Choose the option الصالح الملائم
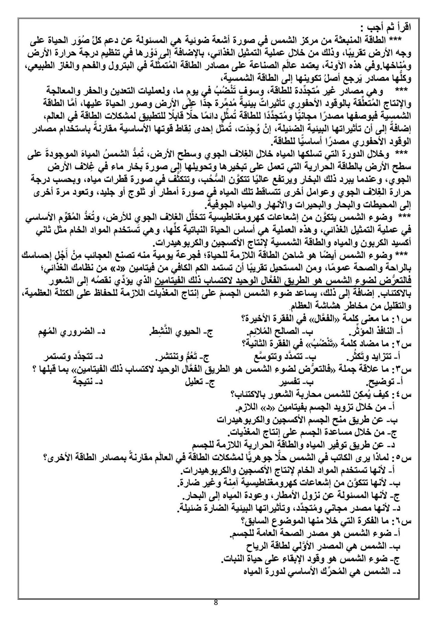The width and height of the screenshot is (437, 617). [x=281, y=331]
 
